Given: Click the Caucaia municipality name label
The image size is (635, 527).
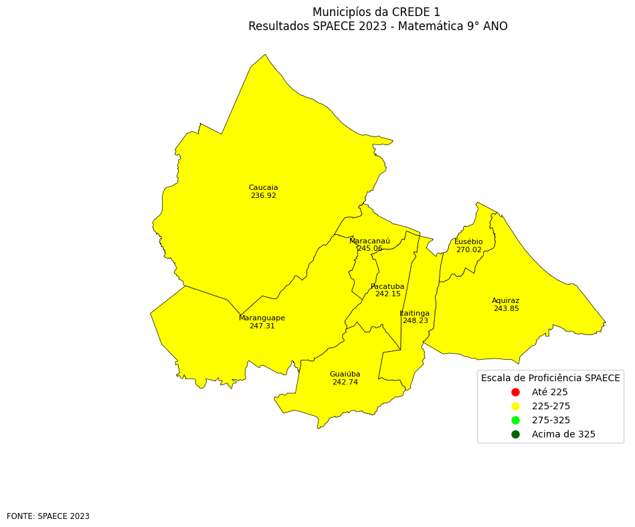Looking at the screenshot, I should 263,188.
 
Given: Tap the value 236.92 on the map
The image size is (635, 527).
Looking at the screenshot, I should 263,196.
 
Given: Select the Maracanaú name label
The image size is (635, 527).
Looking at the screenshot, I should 369,241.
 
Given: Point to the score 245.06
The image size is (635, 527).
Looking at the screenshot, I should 369,249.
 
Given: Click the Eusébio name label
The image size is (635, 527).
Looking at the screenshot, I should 468,242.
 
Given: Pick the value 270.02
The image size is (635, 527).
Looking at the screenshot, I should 468,250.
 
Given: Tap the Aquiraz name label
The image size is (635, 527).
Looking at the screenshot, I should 505,301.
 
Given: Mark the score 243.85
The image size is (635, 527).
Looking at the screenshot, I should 506,309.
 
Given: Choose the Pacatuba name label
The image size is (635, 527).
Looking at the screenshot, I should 387,287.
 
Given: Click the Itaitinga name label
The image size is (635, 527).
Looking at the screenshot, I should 415,314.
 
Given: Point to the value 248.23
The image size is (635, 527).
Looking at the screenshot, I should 415,321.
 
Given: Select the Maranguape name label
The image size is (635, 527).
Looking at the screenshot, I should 262,318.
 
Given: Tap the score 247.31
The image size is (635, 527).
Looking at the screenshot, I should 262,326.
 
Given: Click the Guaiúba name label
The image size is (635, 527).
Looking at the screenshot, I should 345,375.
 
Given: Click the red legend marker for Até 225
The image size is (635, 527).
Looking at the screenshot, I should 515,392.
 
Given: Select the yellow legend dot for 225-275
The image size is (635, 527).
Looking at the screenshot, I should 515,406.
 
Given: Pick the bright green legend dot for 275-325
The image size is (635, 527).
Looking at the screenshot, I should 515,420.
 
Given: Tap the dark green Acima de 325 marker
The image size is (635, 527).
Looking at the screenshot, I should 515,435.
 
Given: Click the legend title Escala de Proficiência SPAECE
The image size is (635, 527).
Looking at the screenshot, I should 550,378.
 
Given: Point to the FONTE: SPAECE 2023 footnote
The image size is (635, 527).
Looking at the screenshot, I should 48,516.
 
